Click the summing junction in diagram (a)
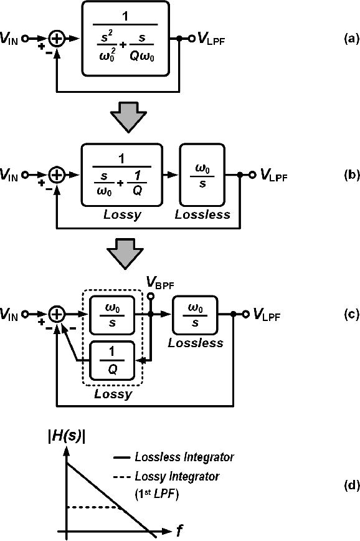(57, 39)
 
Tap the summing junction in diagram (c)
(57, 315)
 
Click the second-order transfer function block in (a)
(125, 38)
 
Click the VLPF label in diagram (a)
(212, 39)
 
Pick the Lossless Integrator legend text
(184, 457)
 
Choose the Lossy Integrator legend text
(177, 477)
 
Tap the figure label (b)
(334, 176)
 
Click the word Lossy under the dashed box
(113, 394)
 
